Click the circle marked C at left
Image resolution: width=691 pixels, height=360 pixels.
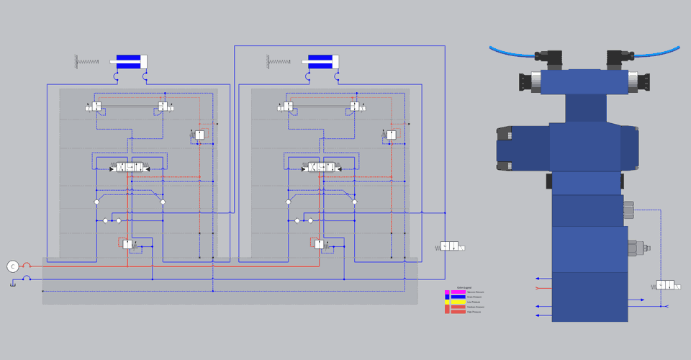point(12,266)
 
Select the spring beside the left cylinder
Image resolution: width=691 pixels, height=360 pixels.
point(86,61)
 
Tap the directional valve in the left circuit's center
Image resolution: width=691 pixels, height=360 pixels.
point(130,168)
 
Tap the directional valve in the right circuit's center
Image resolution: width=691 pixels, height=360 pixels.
point(322,168)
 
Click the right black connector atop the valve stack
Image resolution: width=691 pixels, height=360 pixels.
point(619,55)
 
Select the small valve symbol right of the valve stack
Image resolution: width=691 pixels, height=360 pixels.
point(667,286)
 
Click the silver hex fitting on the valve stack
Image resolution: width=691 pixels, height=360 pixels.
point(628,210)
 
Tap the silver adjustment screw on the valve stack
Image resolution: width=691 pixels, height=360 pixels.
point(638,248)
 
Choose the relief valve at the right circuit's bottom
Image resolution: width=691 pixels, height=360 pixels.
point(320,244)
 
